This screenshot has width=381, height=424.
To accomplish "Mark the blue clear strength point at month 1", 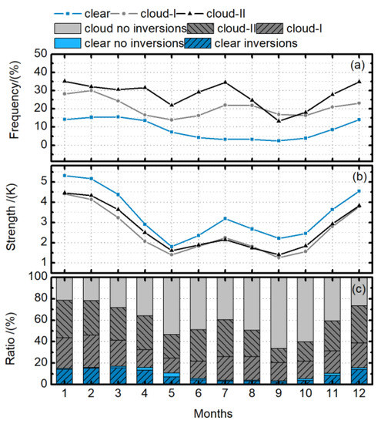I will [x=64, y=176].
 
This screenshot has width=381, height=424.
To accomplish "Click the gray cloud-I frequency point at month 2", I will [x=91, y=90].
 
